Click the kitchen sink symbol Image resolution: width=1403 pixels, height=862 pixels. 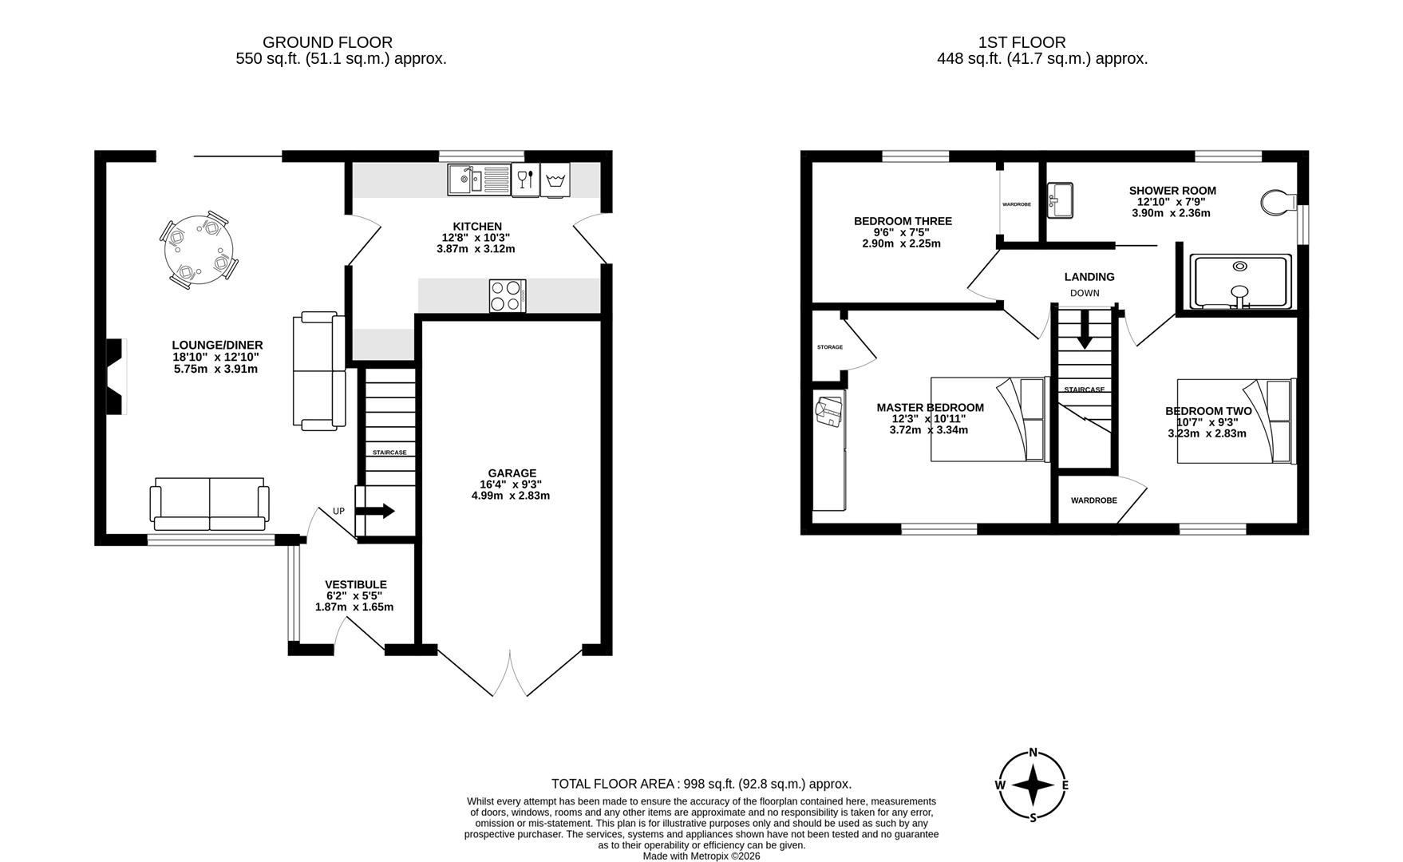point(478,179)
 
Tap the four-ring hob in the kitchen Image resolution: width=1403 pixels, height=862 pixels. point(508,296)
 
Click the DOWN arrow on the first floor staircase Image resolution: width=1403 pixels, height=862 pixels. point(1084,330)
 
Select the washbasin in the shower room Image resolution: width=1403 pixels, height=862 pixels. point(1061,200)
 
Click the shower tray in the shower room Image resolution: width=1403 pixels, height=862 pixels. point(1239,282)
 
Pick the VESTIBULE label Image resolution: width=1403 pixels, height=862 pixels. point(356,584)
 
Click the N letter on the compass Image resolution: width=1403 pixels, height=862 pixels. point(1033,752)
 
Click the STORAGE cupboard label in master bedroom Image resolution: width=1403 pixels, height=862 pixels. point(829,347)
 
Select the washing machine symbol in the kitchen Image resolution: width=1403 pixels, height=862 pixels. point(555,180)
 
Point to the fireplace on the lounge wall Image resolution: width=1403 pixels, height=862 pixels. point(117,376)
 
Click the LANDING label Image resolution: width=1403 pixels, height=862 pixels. point(1089,277)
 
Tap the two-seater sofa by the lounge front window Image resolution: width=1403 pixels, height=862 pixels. point(209,504)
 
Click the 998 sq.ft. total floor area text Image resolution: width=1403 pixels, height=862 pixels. point(701,784)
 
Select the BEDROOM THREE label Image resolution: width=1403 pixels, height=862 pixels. point(903,221)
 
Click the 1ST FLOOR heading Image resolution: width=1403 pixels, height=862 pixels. point(1022,42)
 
